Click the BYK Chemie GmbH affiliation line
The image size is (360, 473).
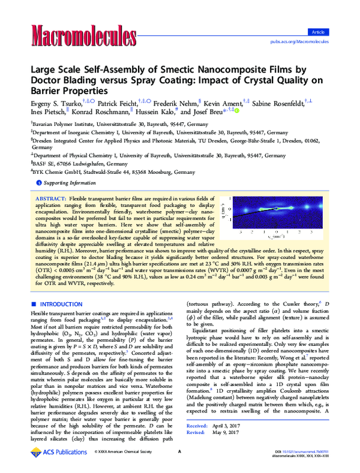pos(96,171)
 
